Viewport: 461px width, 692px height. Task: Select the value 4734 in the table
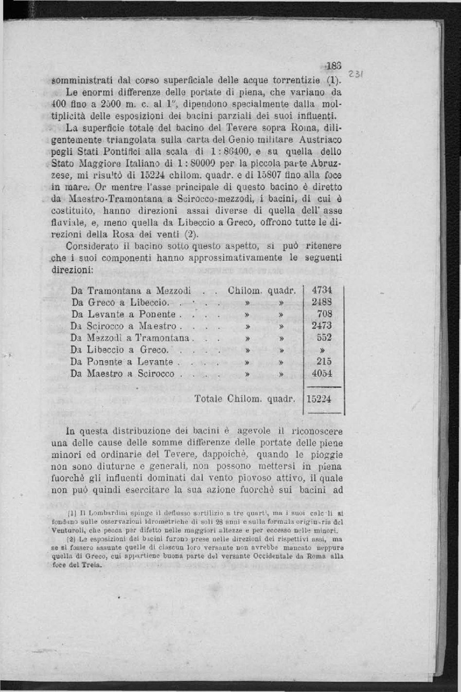[x=322, y=290]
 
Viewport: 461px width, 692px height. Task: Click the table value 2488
[x=322, y=302]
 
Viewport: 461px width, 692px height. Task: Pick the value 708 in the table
[x=325, y=314]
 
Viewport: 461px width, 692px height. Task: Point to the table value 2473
[x=322, y=326]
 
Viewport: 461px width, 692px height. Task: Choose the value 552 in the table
[x=325, y=338]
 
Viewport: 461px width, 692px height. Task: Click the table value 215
[x=325, y=362]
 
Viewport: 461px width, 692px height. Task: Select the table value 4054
[x=322, y=374]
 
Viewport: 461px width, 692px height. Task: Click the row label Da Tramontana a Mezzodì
[x=131, y=290]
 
